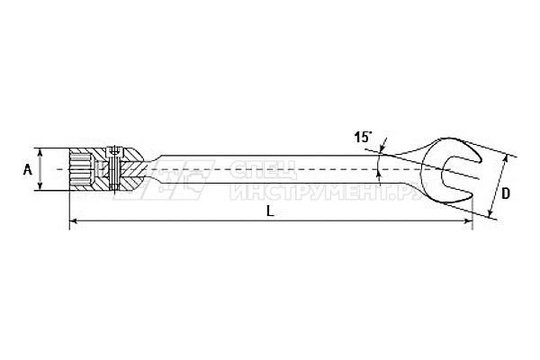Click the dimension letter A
(x=28, y=169)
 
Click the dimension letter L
(x=271, y=211)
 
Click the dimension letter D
(x=505, y=194)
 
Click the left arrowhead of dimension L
(x=73, y=220)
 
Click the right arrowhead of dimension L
(x=469, y=220)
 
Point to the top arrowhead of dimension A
(x=40, y=152)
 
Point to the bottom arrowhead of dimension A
(x=40, y=186)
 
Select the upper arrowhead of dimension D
(x=505, y=158)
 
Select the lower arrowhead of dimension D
(x=490, y=213)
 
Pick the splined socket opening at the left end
(x=81, y=169)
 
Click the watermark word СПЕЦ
(x=263, y=170)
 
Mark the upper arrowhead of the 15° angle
(x=383, y=148)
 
